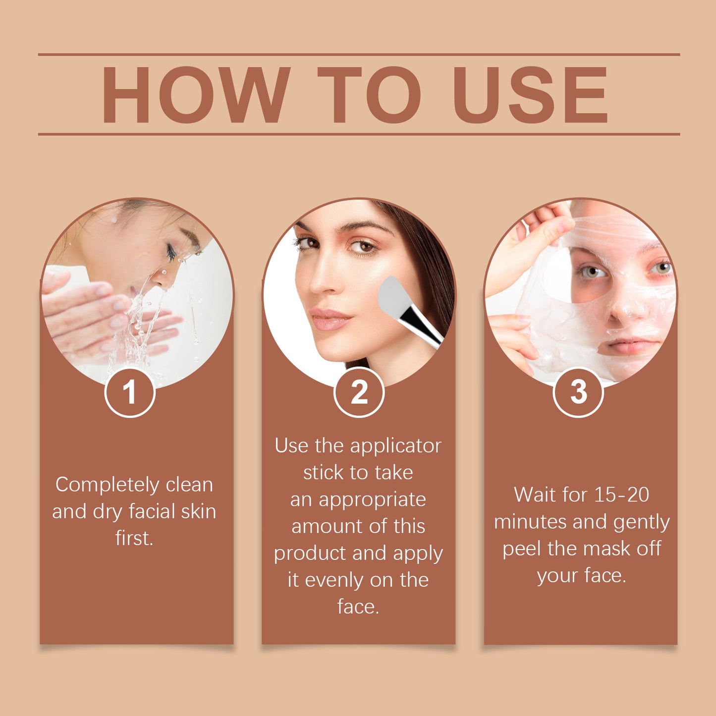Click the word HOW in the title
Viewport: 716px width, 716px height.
click(195, 95)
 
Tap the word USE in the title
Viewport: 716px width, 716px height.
click(530, 95)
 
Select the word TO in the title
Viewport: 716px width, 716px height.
click(369, 95)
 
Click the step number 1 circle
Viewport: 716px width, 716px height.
click(130, 392)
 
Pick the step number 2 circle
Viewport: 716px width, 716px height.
click(359, 392)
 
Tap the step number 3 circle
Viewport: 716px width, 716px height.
click(578, 392)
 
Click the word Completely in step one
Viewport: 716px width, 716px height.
click(107, 485)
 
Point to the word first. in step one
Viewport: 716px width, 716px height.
click(134, 538)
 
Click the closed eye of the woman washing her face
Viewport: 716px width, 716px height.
click(171, 253)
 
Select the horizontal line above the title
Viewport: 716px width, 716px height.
click(359, 55)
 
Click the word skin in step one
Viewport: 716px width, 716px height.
click(198, 511)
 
